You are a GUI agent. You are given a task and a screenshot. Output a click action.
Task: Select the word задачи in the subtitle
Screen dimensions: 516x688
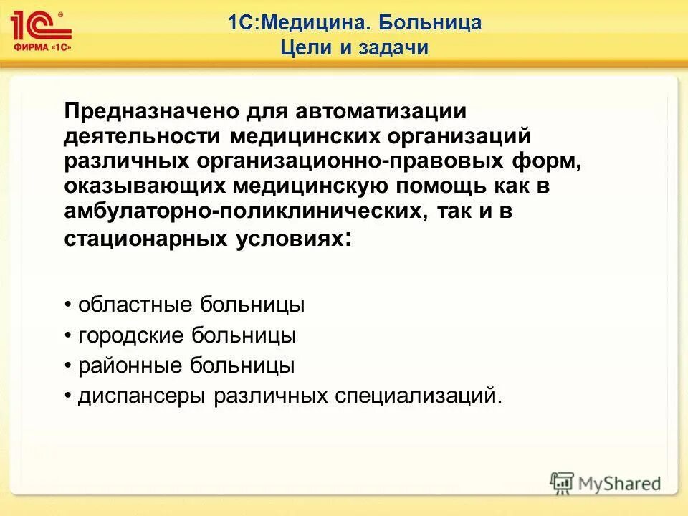(393, 48)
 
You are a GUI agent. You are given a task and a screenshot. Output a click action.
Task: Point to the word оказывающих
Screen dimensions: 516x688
(144, 186)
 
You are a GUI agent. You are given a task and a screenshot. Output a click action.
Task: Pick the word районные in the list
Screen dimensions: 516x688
(128, 365)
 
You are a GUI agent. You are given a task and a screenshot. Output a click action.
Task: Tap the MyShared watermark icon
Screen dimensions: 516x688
(563, 482)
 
